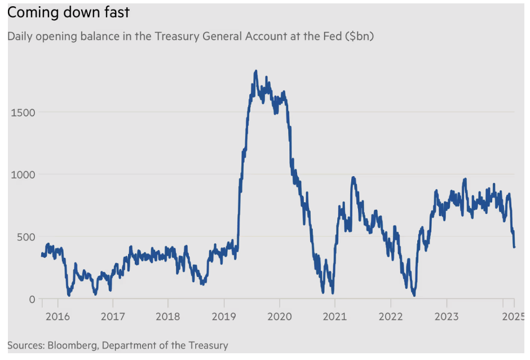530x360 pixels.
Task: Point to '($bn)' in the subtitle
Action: (360, 36)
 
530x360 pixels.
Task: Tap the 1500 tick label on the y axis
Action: (23, 112)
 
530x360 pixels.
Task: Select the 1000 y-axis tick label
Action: (23, 175)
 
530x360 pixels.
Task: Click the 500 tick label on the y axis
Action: (25, 237)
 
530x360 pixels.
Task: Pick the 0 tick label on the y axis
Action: (32, 300)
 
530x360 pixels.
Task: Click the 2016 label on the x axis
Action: (58, 317)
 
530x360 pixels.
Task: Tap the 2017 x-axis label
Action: (113, 317)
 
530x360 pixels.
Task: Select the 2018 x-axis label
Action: (168, 317)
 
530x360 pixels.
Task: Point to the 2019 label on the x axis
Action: (224, 317)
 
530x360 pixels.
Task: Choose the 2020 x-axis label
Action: (280, 317)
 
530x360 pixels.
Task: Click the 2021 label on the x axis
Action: (335, 317)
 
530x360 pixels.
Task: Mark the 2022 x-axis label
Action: (391, 317)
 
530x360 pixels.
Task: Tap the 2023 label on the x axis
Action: (447, 317)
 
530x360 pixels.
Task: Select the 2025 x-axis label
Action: (514, 317)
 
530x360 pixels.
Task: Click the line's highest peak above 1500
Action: (256, 72)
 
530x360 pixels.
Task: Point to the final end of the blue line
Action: (514, 247)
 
